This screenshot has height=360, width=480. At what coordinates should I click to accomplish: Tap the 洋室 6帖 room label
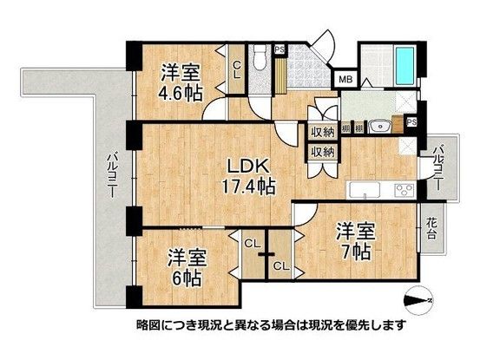point(186,267)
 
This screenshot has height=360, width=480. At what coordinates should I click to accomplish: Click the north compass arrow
point(419,299)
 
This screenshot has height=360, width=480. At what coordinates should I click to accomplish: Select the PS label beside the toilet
point(279,49)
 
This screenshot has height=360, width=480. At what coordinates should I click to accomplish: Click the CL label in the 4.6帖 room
point(236,69)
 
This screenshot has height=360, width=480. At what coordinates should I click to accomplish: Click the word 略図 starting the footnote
point(148,326)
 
